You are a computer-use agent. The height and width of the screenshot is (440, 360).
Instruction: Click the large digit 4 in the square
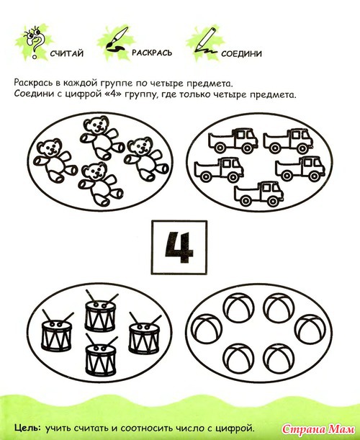(x=179, y=247)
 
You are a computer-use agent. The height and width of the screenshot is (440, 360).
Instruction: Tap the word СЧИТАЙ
(x=67, y=53)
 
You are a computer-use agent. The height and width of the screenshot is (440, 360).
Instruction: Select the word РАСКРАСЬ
(x=152, y=53)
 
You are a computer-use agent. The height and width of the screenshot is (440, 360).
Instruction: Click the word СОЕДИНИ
(x=241, y=53)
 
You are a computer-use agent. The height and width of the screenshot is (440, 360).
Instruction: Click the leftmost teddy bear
(x=55, y=161)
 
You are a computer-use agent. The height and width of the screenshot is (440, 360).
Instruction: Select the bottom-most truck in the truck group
(x=258, y=193)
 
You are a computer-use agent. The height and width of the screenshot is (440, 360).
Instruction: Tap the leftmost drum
(x=57, y=331)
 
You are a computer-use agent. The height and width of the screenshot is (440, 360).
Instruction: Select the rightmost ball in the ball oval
(x=310, y=329)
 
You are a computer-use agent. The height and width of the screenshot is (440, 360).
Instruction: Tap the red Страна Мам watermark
(x=318, y=429)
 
